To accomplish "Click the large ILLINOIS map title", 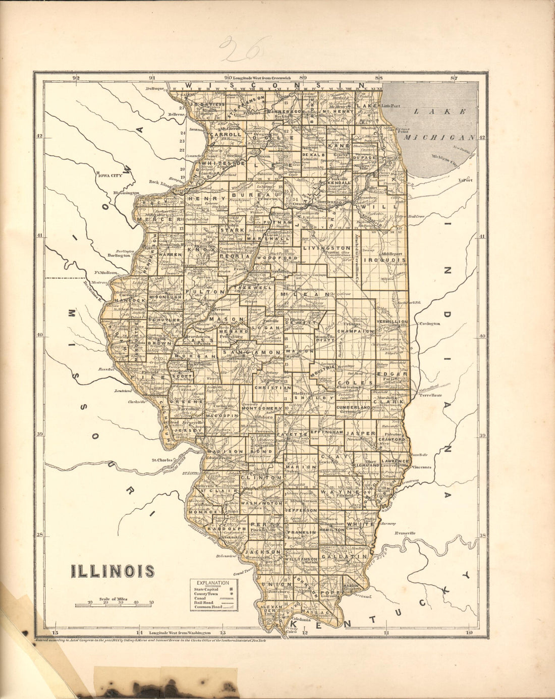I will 113,571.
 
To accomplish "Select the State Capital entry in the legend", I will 207,589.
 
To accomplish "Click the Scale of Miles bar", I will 114,604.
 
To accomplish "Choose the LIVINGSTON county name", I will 327,248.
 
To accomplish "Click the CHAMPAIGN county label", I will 356,332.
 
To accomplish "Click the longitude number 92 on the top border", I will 76,78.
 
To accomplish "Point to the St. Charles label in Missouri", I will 162,460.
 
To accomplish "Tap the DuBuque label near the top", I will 156,88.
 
